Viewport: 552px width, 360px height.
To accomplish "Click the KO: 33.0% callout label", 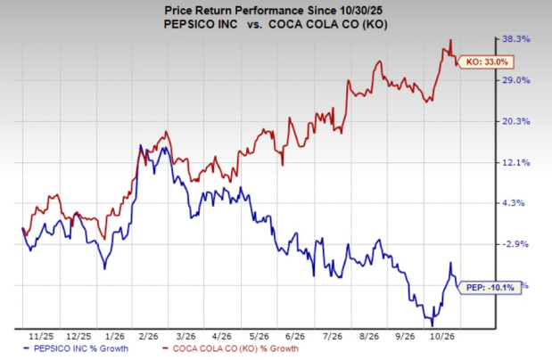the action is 487,62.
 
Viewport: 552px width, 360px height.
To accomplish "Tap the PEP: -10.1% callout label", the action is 490,288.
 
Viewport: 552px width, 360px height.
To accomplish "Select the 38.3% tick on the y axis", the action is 515,39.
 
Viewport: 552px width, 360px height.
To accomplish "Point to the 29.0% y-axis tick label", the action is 515,80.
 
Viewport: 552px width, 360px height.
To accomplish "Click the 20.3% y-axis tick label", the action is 515,121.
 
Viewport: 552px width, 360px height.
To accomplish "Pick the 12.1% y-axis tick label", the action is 515,162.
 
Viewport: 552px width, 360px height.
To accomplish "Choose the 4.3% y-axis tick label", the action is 514,203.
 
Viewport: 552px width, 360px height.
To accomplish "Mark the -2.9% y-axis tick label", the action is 515,244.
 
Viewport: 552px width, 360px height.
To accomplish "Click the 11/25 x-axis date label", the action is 41,337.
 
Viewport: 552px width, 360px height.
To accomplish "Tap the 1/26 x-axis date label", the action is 115,337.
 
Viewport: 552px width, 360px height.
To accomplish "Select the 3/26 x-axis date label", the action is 185,337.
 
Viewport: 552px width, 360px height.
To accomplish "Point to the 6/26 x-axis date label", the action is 294,337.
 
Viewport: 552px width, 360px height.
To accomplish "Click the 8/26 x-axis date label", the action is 368,337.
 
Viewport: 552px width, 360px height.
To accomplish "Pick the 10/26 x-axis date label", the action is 442,337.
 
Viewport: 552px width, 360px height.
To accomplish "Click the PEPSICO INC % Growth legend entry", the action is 75,348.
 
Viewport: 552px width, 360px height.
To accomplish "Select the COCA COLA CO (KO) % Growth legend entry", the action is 231,348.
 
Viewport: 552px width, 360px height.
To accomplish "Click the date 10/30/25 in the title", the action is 362,11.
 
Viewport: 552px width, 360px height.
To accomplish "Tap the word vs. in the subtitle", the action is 254,24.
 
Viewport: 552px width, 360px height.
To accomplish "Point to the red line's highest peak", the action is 450,40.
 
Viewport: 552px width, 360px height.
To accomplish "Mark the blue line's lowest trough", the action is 433,326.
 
